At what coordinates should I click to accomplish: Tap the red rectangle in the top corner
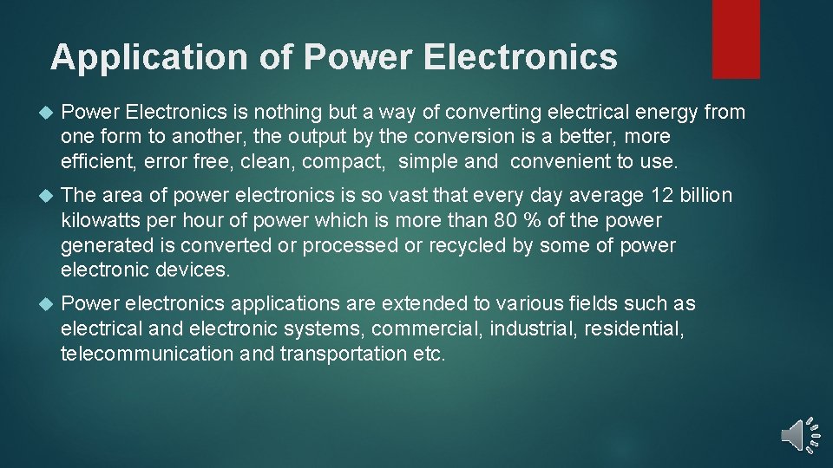(x=736, y=38)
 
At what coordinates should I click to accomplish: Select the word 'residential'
(x=634, y=328)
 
